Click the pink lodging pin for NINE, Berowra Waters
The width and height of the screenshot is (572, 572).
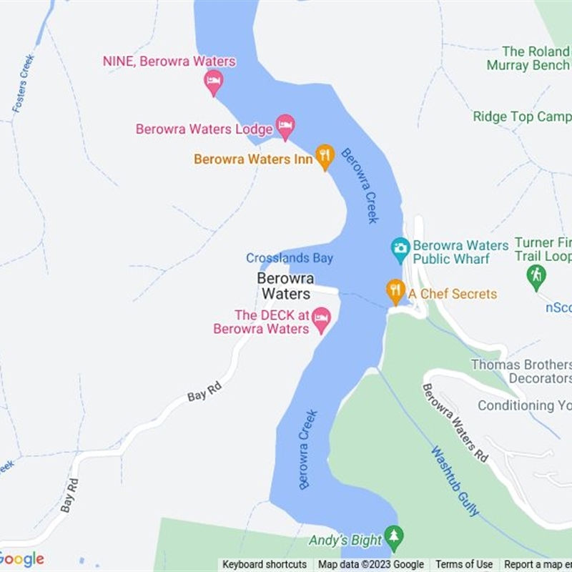click(213, 82)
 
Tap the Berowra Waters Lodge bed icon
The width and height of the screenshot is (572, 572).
click(285, 127)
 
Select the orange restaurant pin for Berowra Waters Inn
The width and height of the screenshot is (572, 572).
click(325, 156)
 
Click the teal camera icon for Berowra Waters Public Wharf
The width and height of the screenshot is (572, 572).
click(400, 250)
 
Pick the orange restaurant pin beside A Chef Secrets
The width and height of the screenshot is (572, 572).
click(395, 291)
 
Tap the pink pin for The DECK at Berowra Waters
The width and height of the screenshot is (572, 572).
click(321, 319)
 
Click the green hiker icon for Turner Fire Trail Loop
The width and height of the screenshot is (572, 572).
click(536, 276)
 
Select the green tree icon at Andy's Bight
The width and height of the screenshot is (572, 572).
click(393, 536)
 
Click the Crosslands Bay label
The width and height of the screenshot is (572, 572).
click(290, 258)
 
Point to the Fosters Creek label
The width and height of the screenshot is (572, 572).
click(23, 84)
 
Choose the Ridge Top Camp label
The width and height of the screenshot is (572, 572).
click(522, 117)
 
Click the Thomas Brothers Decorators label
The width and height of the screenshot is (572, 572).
click(521, 371)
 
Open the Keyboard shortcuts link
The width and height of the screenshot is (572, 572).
click(265, 565)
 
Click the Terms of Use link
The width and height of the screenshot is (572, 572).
click(464, 565)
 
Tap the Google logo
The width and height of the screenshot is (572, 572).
click(22, 559)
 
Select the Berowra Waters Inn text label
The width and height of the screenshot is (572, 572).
click(253, 159)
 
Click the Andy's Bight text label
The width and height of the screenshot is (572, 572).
click(345, 541)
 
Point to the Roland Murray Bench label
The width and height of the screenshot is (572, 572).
click(528, 59)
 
